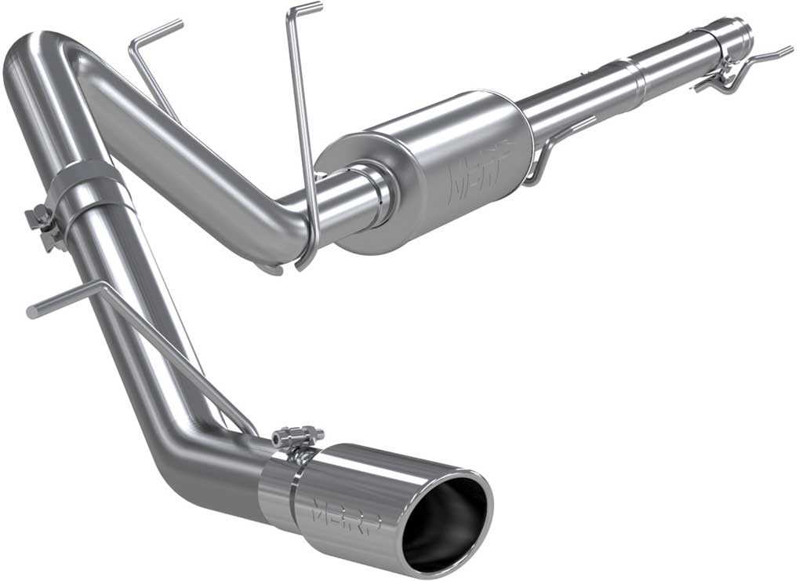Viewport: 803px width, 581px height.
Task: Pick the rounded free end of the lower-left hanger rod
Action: click(32, 312)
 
